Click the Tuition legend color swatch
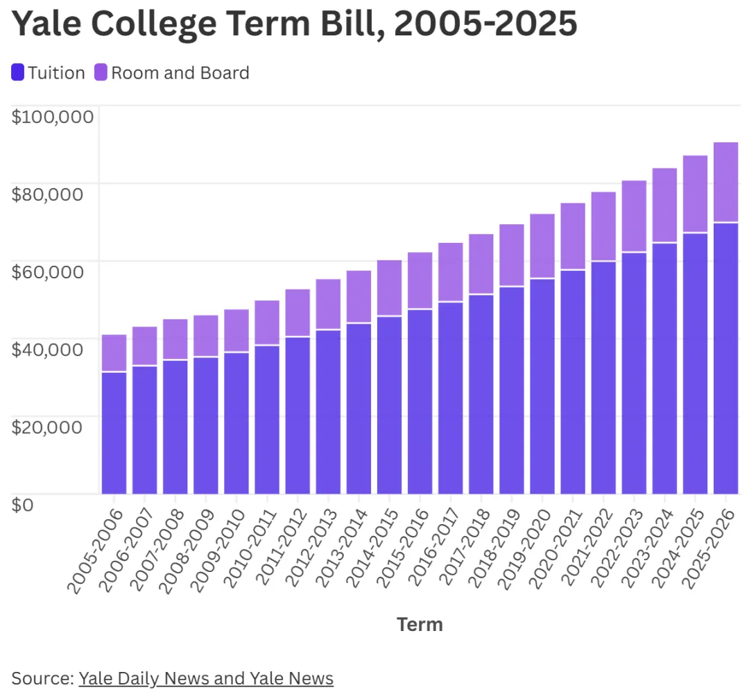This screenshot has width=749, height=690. (x=18, y=72)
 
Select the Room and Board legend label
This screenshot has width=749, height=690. (x=180, y=73)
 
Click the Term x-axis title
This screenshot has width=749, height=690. (x=420, y=625)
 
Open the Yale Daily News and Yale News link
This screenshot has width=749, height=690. (x=206, y=678)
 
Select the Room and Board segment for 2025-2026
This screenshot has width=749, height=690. (x=725, y=182)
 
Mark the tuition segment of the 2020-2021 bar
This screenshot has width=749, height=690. (x=573, y=382)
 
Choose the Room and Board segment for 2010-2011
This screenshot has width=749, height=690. (x=267, y=322)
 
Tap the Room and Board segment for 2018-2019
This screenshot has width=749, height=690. (x=512, y=255)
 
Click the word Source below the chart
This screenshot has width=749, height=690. (x=42, y=678)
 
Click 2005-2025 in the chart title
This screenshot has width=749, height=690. (x=485, y=25)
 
